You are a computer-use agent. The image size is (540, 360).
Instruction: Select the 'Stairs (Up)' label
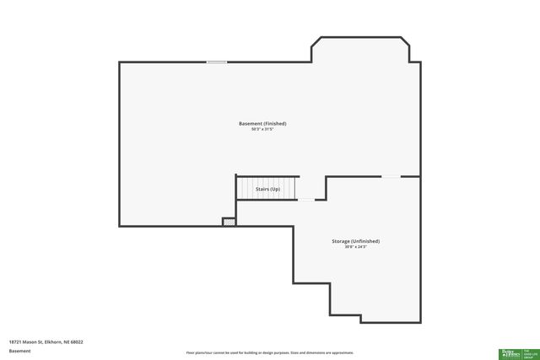[267, 189]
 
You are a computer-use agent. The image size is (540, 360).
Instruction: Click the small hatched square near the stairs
[228, 222]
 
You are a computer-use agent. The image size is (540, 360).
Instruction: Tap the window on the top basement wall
[217, 62]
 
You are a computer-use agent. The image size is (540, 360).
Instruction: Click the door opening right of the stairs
[307, 200]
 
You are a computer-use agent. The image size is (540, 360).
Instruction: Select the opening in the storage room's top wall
[391, 176]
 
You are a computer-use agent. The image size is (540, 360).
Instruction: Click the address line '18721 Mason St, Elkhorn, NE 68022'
[46, 341]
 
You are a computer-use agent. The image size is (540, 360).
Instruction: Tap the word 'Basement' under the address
[20, 351]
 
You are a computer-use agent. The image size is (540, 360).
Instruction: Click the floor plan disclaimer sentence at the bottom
[269, 352]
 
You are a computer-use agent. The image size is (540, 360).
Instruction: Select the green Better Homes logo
[510, 352]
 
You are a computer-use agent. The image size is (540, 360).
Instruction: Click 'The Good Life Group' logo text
[531, 352]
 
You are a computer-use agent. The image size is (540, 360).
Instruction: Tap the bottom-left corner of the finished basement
[120, 225]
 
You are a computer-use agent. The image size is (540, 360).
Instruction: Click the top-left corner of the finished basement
[120, 62]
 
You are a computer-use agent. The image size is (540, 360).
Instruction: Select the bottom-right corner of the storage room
[419, 321]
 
